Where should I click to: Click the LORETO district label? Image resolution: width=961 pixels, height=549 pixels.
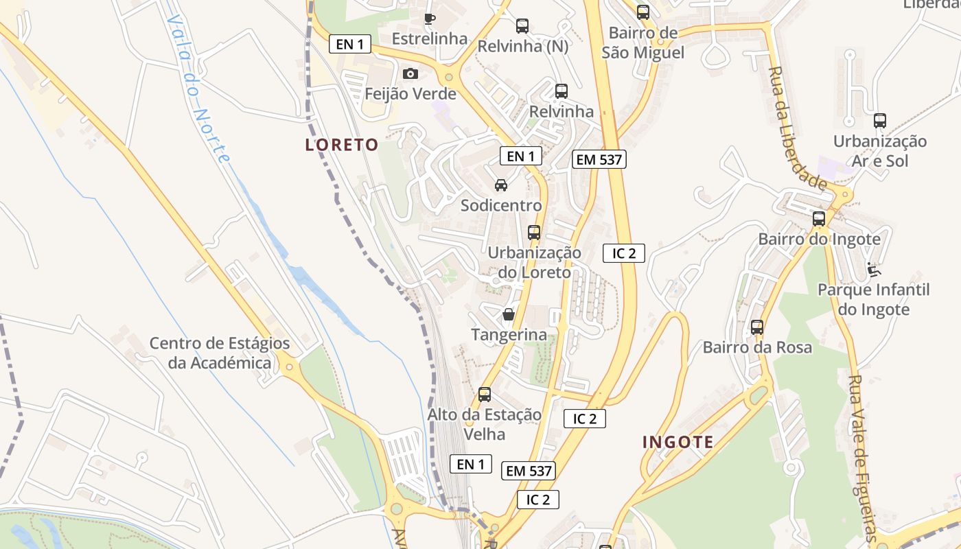[342, 145]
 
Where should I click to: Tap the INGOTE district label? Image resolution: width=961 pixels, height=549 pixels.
[678, 442]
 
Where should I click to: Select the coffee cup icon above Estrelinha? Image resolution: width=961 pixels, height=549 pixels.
[430, 19]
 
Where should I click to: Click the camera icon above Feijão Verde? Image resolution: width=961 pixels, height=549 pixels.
[410, 73]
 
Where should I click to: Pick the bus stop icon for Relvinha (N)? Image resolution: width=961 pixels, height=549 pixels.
[522, 27]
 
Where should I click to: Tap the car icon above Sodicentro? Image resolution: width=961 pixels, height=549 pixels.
[501, 185]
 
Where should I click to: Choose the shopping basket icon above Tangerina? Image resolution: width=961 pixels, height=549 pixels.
[509, 314]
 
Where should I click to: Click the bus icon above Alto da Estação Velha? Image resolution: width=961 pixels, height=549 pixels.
[485, 394]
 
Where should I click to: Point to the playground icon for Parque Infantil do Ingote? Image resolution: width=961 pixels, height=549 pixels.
[873, 269]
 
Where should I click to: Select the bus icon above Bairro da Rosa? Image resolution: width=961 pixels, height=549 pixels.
[757, 327]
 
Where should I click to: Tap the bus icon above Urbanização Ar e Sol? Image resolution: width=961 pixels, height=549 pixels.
[880, 121]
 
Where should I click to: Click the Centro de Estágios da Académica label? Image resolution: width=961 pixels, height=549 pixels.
[220, 353]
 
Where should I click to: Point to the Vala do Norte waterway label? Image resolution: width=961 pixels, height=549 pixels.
[198, 89]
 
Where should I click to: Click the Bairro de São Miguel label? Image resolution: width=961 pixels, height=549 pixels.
[643, 43]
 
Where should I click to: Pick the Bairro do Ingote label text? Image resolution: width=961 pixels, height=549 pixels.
[819, 240]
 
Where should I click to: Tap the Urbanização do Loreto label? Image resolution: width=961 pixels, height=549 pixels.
[535, 262]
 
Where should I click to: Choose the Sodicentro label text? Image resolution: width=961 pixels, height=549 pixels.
[501, 205]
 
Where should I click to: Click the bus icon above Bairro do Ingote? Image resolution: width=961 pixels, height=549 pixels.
[819, 219]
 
